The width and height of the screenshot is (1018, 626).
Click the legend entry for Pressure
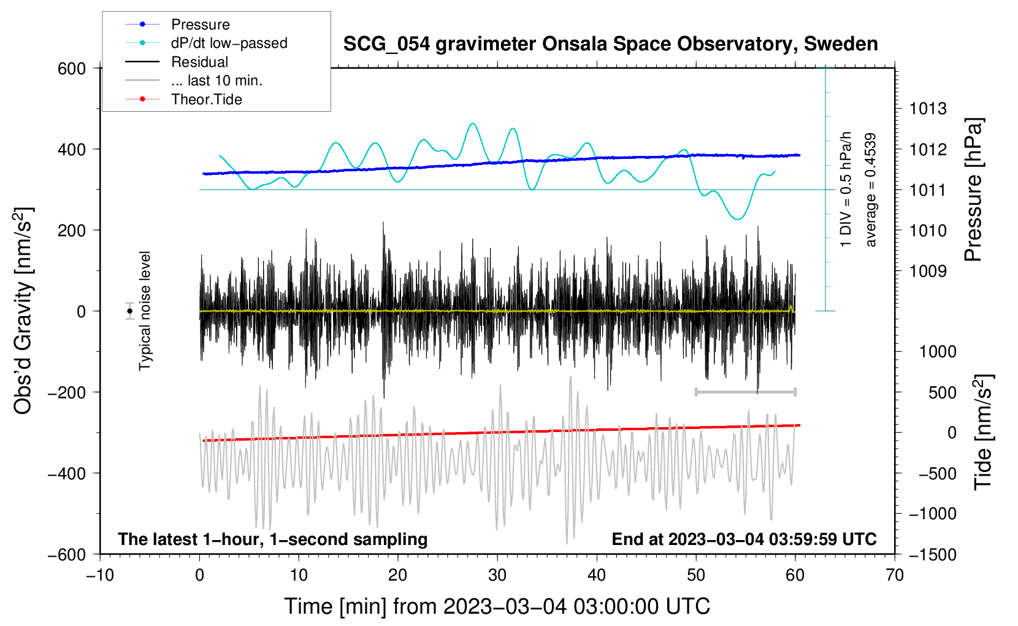point(200,25)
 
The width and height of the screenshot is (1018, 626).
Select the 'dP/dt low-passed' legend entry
point(229,43)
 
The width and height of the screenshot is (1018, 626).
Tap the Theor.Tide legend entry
point(206,99)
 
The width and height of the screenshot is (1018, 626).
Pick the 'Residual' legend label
point(199,62)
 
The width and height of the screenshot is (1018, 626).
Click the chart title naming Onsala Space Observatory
point(610,44)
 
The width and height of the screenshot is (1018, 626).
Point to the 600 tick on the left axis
point(72,69)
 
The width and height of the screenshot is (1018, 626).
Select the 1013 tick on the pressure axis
point(928,109)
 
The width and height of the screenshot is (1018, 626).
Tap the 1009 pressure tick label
point(928,271)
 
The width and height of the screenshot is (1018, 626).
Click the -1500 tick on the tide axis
point(933,555)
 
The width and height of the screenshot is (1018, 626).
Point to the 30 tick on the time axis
point(497,576)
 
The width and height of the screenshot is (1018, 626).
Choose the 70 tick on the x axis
point(895,576)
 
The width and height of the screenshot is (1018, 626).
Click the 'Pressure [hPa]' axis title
point(973,190)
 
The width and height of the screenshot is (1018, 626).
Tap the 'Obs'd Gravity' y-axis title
point(23,311)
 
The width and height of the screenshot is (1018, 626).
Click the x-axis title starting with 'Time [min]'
point(497,606)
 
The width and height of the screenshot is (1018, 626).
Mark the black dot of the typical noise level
point(129,311)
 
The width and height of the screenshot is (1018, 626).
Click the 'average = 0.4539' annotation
point(871,190)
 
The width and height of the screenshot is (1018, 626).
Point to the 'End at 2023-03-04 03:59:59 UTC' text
point(744,539)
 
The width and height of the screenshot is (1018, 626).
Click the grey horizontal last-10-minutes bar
point(745,392)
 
